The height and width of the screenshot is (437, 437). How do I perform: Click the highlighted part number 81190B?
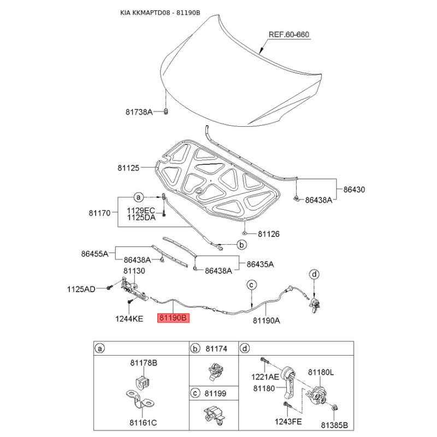point(173,318)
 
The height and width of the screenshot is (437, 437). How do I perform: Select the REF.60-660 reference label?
point(289,34)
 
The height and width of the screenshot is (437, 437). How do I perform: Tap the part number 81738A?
point(139,112)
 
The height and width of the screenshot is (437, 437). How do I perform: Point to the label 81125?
point(128,168)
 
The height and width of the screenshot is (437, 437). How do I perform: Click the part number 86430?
point(354,190)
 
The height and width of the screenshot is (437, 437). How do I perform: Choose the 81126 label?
point(269,234)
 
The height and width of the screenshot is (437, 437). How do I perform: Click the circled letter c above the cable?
point(251,285)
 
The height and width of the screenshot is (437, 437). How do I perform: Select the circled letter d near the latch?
point(314,274)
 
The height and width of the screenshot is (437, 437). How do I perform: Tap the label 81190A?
point(267,321)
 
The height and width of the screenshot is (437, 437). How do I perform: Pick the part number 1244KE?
point(129,319)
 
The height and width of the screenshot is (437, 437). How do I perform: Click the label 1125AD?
point(81,290)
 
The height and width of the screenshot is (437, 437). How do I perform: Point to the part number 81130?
point(134,271)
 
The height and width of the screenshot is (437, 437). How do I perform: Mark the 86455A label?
point(95,254)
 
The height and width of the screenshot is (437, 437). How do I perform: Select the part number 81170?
point(99,213)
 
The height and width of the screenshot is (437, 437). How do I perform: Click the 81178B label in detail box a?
point(144,363)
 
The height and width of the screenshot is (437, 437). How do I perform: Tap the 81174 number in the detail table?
point(216,349)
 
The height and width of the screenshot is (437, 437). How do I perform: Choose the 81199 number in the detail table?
point(215,393)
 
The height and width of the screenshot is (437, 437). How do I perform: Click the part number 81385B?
point(334,426)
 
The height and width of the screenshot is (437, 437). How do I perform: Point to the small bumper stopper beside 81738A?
point(166,111)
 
